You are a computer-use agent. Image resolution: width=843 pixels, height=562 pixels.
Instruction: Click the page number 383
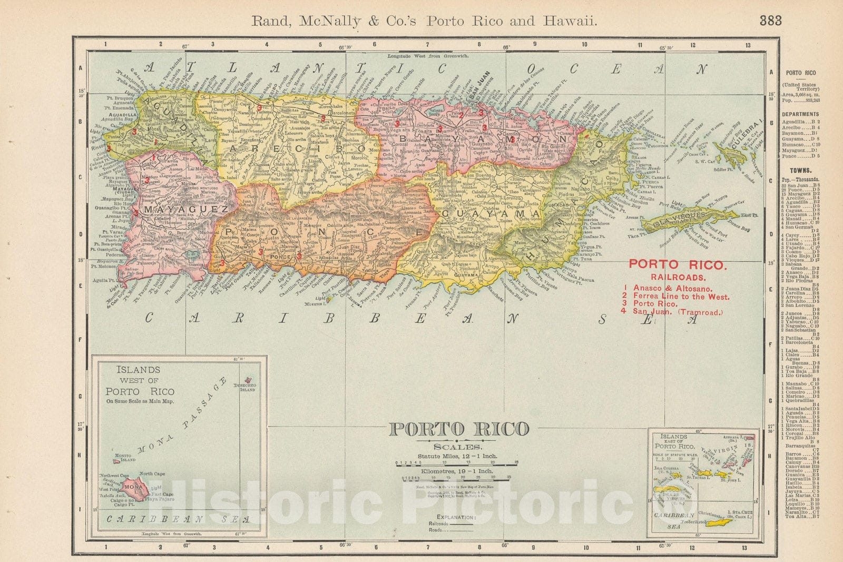[770, 21]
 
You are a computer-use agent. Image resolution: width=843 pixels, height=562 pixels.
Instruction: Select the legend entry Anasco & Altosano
[672, 288]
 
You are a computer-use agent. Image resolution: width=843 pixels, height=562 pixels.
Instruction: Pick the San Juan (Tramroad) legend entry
[678, 311]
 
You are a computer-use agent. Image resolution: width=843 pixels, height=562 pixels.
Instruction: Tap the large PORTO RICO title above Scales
[458, 429]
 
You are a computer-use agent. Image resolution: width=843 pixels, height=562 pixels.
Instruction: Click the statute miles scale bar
[456, 464]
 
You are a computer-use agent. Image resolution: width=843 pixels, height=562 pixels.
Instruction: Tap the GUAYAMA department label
[492, 214]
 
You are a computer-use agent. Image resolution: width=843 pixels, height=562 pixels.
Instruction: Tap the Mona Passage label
[182, 418]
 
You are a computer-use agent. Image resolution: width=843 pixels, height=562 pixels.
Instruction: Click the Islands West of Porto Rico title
[139, 380]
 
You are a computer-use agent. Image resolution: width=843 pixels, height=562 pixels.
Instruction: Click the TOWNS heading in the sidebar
[800, 171]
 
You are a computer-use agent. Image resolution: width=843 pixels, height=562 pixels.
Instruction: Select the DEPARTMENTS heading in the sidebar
[800, 114]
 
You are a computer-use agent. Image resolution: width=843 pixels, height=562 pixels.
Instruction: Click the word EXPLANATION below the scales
[455, 517]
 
